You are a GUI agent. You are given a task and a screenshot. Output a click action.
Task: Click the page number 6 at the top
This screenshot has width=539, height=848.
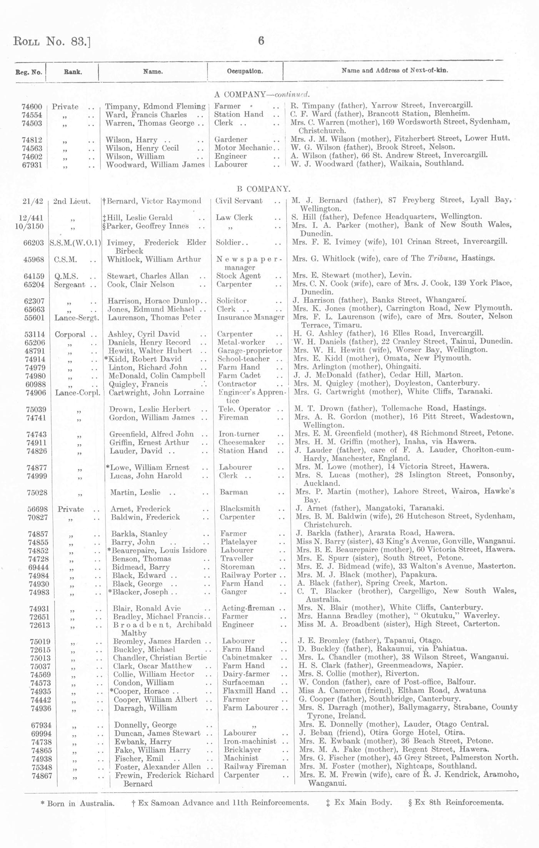261,41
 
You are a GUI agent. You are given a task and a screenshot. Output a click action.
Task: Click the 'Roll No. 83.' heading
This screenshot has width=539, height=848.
52,41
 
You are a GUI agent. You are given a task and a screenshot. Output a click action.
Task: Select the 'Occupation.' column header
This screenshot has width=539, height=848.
245,71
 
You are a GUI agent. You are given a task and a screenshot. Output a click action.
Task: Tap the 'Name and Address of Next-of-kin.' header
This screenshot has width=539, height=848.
395,70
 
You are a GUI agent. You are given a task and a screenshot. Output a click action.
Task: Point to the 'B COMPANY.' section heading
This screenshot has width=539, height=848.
263,189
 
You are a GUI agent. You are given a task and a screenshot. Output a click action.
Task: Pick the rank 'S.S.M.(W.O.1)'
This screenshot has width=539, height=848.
75,243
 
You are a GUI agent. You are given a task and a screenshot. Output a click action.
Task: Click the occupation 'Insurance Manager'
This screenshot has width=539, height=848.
250,317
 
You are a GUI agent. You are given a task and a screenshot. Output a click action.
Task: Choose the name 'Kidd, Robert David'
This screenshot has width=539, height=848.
145,359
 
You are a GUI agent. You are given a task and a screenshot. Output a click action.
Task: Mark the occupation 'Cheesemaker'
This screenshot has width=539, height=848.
242,442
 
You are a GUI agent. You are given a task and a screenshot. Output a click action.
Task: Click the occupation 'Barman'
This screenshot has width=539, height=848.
234,492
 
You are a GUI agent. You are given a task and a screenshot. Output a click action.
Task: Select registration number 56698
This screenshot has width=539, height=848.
37,509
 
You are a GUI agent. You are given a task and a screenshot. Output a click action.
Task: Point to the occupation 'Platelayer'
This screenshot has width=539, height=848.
239,542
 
